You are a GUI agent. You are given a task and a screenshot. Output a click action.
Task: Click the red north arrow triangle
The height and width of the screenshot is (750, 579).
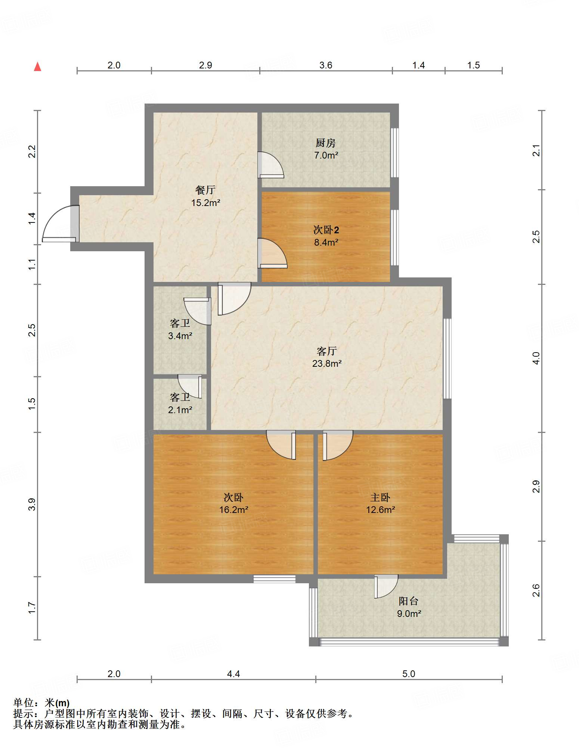click(37, 67)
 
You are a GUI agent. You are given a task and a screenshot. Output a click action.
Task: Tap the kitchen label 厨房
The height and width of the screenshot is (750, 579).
click(325, 143)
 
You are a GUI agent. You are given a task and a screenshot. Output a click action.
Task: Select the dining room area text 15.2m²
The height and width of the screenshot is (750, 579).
click(205, 203)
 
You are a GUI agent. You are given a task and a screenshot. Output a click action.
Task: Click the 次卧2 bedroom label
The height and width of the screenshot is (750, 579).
click(326, 230)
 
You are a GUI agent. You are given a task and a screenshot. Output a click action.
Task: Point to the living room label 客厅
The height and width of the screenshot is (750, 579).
click(326, 351)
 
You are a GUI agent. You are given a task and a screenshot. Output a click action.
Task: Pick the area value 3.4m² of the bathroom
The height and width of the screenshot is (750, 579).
click(180, 336)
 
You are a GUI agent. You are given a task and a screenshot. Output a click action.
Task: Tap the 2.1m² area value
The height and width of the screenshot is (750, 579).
click(180, 410)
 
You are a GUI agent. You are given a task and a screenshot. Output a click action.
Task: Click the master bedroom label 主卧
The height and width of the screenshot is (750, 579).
click(380, 497)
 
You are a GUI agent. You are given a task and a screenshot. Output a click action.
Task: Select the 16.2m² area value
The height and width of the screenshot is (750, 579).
click(233, 510)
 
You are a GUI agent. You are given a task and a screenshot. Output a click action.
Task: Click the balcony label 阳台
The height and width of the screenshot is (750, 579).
click(408, 601)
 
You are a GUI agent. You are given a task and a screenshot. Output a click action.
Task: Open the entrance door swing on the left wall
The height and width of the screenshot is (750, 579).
click(60, 224)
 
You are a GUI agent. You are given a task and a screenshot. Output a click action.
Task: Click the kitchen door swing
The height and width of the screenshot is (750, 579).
click(270, 165)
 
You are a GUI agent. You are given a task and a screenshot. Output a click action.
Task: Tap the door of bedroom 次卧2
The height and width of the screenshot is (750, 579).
click(272, 253)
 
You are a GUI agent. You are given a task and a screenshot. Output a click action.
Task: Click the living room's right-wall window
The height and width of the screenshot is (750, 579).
click(447, 359)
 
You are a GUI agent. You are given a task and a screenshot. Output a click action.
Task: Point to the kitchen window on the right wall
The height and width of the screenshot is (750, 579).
click(394, 153)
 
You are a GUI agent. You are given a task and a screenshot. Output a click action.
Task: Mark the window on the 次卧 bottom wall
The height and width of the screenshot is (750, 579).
click(275, 579)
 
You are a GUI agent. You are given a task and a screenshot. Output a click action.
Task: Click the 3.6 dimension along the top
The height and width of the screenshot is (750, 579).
click(326, 65)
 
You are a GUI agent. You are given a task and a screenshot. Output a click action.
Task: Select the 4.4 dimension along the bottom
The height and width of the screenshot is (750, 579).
click(233, 674)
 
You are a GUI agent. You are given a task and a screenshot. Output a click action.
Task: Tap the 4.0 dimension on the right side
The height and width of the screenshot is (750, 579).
click(536, 358)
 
